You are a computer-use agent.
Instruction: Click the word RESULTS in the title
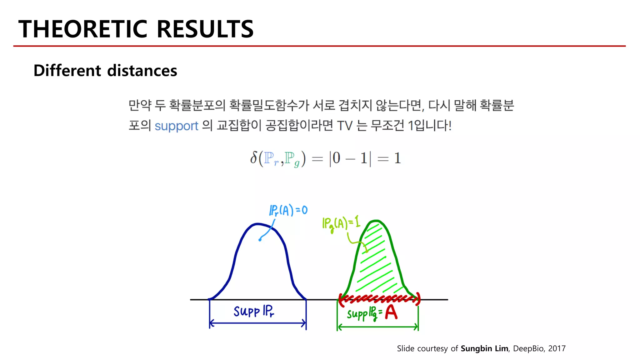click(205, 29)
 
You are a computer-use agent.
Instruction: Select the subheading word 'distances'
click(142, 71)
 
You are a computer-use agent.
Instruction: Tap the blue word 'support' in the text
click(176, 126)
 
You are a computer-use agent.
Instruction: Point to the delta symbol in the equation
click(253, 158)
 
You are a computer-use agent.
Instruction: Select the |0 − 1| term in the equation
click(350, 158)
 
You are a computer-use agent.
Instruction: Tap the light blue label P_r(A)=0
click(288, 210)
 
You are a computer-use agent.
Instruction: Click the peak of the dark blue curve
click(257, 224)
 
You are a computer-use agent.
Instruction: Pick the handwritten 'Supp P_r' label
click(254, 311)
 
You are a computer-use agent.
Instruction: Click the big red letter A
click(391, 312)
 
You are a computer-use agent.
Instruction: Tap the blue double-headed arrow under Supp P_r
click(257, 323)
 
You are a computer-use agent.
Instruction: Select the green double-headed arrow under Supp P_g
click(377, 327)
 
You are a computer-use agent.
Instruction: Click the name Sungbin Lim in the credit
click(484, 348)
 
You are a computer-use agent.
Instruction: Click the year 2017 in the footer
click(557, 348)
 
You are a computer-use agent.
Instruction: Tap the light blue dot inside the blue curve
click(260, 240)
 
